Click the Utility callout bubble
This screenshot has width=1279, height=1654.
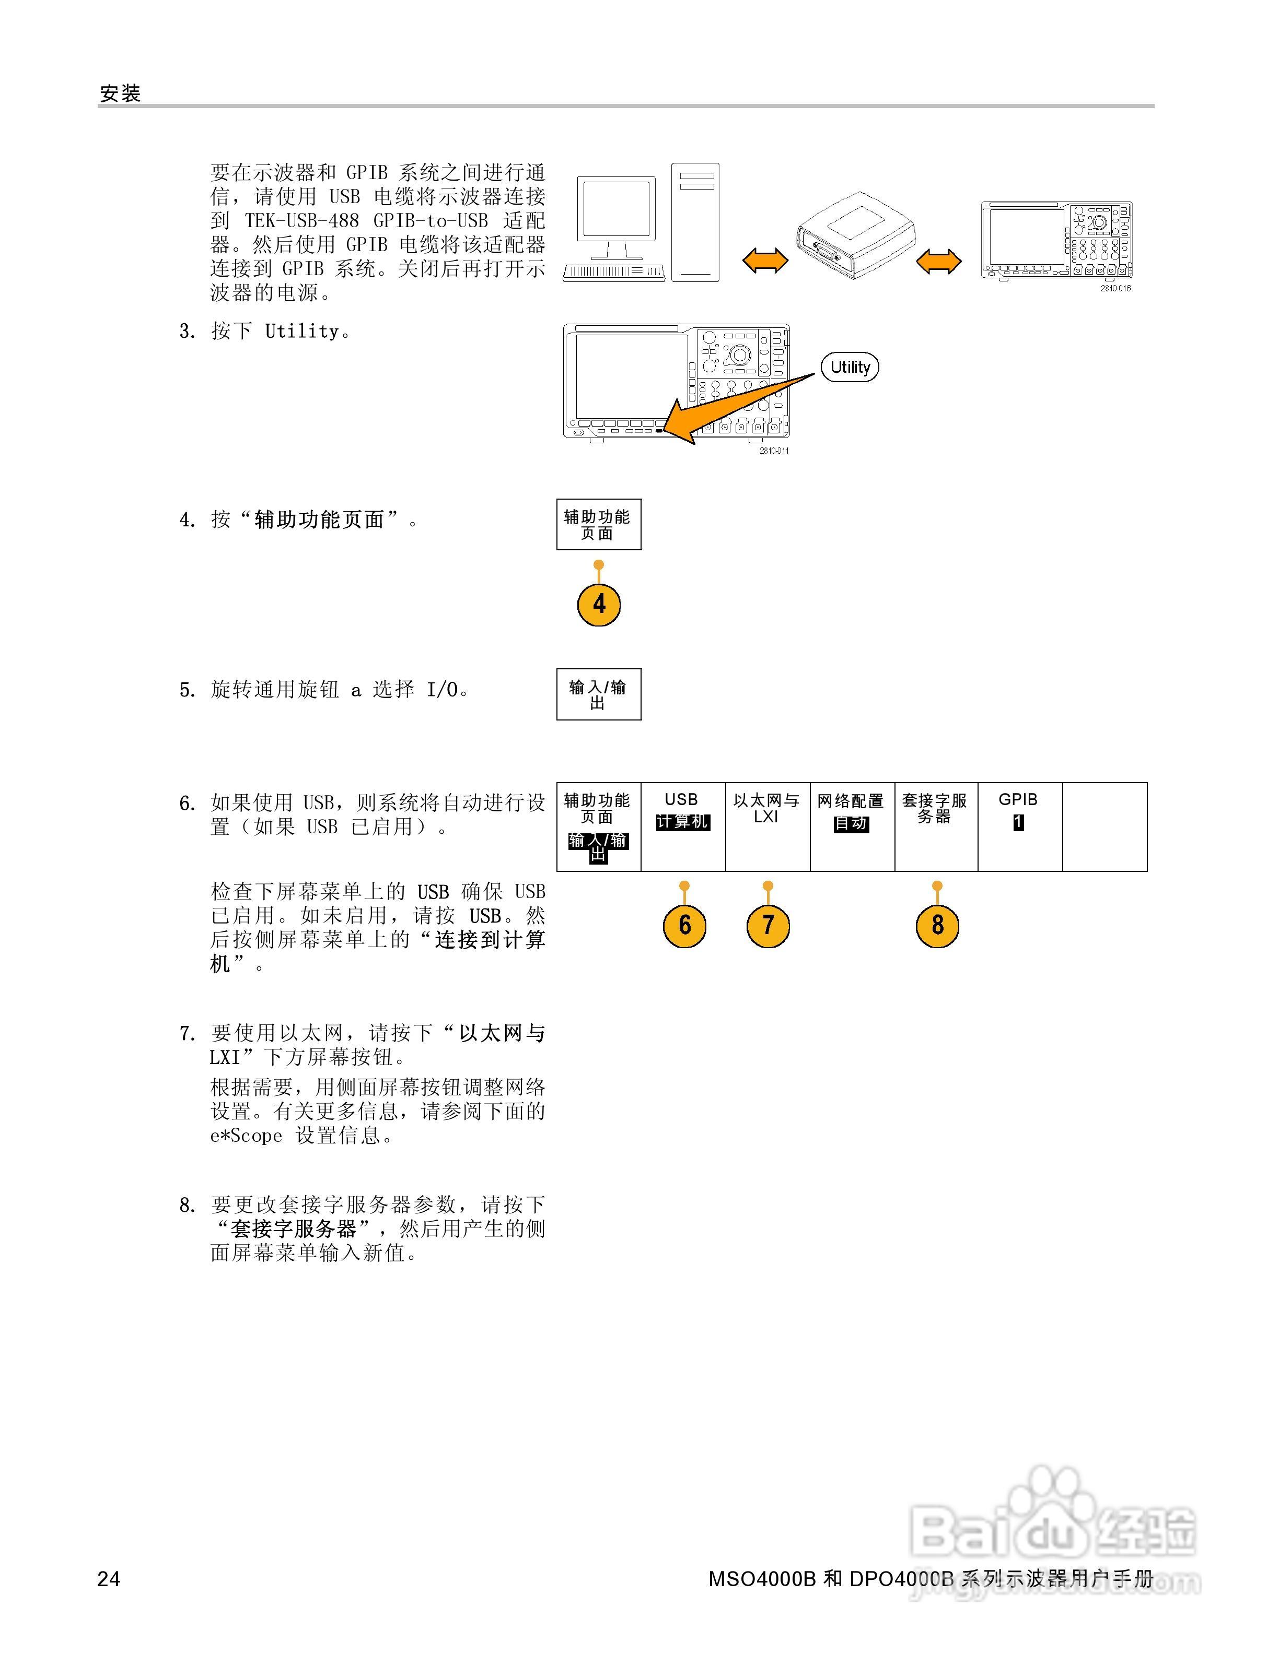[850, 368]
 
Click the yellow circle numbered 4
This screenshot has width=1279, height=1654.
[599, 605]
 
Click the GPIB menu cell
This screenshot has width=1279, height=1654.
[1020, 826]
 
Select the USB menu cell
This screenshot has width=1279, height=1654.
[683, 826]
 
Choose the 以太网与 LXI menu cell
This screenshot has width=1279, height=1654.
[767, 826]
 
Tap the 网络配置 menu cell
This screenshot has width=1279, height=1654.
[852, 826]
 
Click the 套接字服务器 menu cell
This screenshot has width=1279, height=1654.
[936, 826]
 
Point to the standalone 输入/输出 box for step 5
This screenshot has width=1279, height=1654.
[599, 694]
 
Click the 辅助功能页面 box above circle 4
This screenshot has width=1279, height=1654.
[599, 524]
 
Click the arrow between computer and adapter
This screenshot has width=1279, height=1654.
[764, 261]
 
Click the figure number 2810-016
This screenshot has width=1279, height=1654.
[1115, 289]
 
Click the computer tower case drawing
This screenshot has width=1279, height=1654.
[695, 222]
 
